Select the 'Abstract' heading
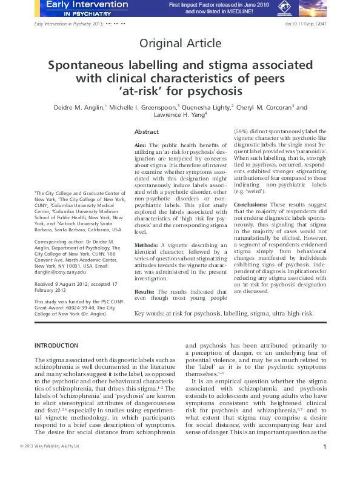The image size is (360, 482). (147, 131)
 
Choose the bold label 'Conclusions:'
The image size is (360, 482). (251, 205)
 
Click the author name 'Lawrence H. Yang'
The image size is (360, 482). (178, 116)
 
